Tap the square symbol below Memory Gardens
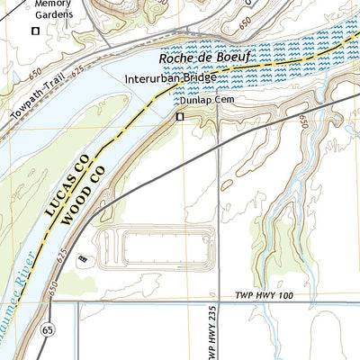click(x=36, y=31)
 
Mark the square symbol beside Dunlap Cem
click(x=179, y=116)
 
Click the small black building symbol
click(x=83, y=259)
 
